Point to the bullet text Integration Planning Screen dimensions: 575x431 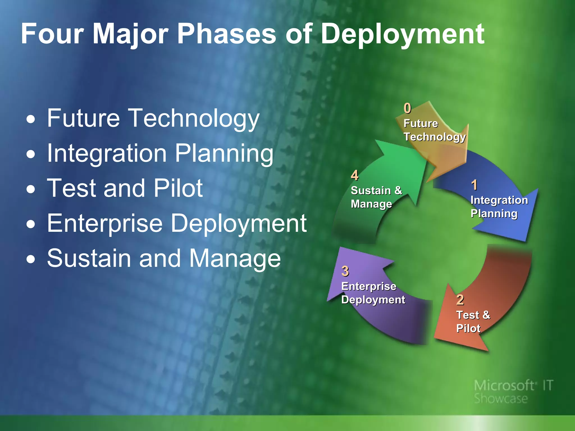[x=160, y=153]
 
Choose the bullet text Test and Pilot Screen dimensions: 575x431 [x=125, y=188]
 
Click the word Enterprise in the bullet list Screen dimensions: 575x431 [x=105, y=223]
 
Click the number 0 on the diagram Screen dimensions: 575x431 [x=407, y=108]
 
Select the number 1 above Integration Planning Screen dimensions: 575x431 [x=474, y=185]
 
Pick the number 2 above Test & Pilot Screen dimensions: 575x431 [x=460, y=300]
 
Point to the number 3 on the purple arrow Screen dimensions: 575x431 [x=345, y=271]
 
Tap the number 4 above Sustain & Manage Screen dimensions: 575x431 [x=355, y=176]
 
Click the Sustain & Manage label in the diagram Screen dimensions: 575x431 [x=376, y=197]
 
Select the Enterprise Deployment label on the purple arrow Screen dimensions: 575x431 [x=373, y=293]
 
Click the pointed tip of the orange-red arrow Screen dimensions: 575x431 [x=487, y=351]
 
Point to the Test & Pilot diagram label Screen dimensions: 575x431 [x=473, y=322]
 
